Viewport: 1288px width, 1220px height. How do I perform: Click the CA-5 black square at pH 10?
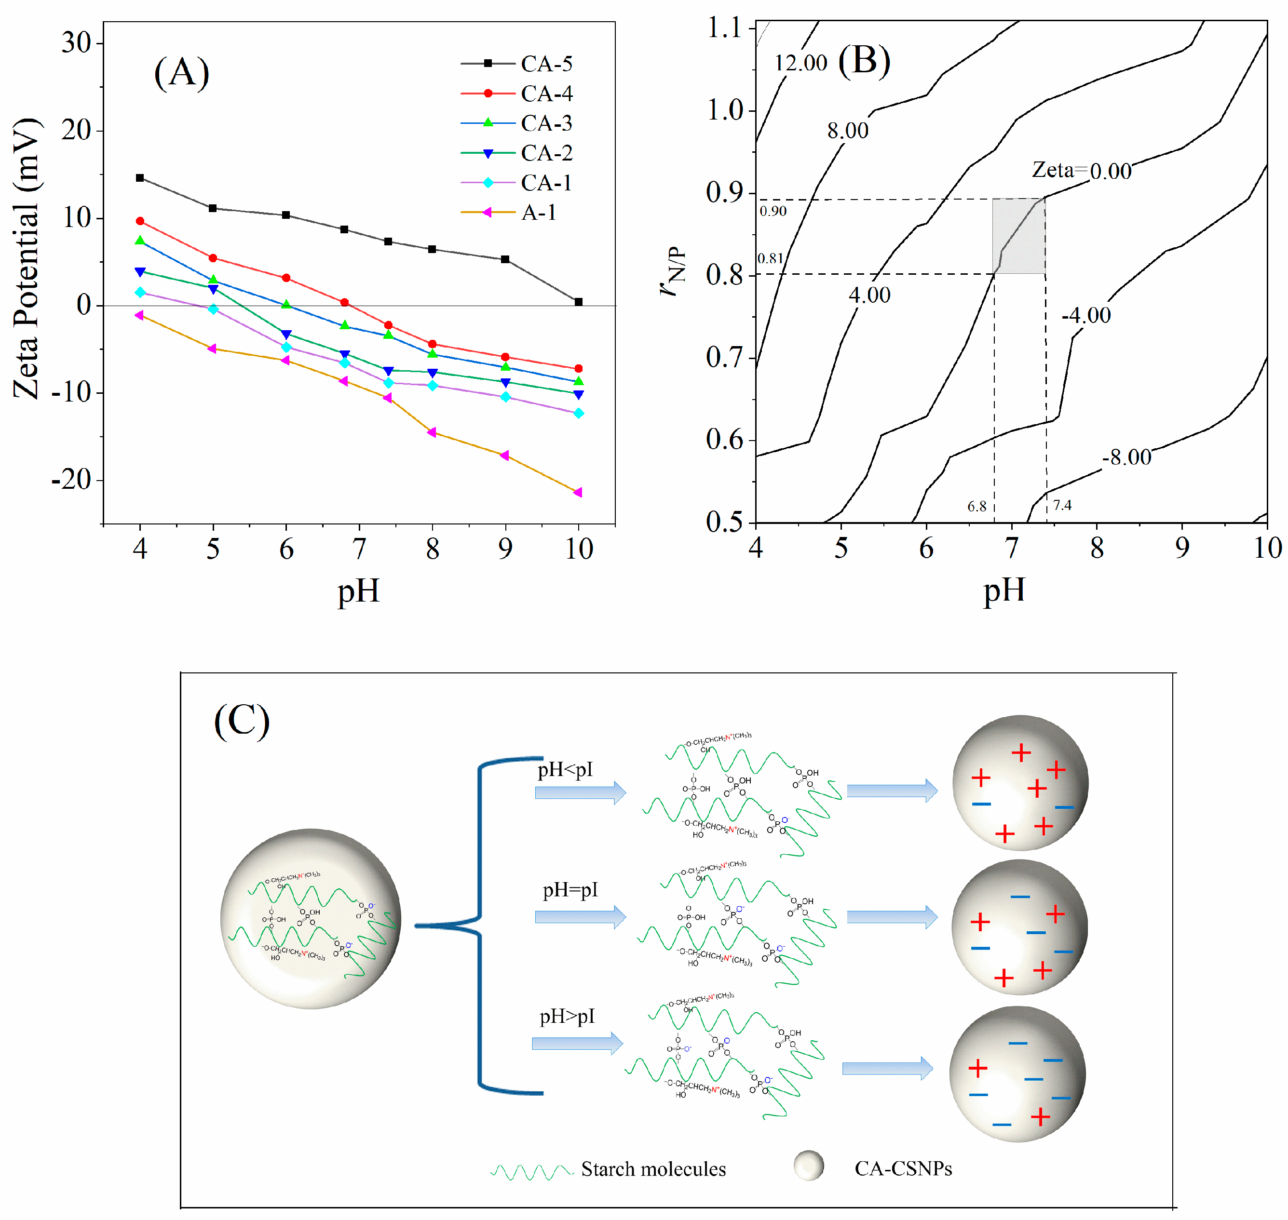click(578, 302)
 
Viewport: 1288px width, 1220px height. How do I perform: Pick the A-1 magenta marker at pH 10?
click(578, 492)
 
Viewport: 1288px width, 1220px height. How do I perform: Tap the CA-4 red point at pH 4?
click(140, 221)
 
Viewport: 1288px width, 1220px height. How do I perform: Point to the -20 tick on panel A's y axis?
click(71, 480)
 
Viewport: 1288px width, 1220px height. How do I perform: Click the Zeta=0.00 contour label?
click(1081, 170)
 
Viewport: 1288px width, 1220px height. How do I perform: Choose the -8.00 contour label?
click(1126, 457)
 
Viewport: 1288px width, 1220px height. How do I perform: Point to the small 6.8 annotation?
click(976, 506)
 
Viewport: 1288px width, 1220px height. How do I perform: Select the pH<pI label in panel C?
click(565, 769)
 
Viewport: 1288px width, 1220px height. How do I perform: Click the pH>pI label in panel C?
click(567, 1016)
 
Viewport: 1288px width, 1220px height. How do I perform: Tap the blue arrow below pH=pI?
click(580, 917)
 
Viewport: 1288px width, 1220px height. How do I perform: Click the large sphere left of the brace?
click(310, 918)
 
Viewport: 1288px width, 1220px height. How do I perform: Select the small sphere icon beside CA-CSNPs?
click(809, 1166)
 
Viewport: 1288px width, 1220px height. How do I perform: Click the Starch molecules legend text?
click(652, 1168)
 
